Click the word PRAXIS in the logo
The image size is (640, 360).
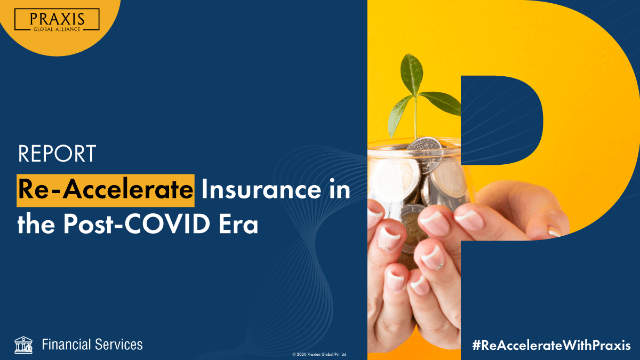pos(57,19)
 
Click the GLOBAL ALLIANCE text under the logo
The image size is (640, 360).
pos(57,29)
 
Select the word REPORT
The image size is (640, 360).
pos(57,154)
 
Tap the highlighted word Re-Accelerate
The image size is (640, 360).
pos(106,190)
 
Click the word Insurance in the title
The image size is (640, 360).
pos(261,190)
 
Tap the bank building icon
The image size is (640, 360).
pos(23,345)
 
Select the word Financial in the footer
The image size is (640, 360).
pos(67,345)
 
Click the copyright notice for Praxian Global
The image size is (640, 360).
pos(319,354)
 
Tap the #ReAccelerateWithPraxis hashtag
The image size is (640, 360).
pos(551,345)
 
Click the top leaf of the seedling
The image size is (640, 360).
pos(411,74)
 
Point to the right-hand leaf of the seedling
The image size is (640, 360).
pos(439,103)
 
